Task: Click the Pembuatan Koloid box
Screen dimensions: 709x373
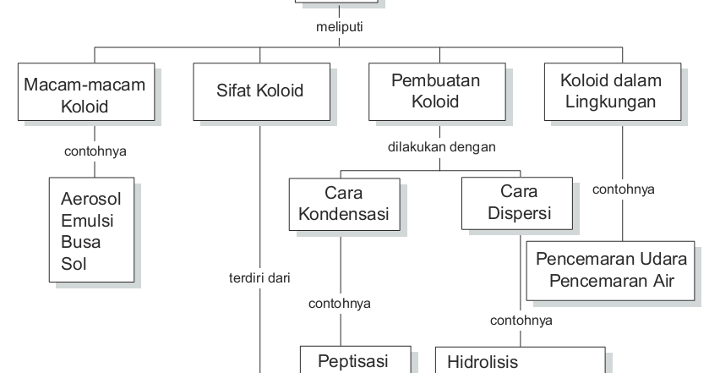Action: (436, 91)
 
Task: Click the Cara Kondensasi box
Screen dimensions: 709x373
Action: (343, 203)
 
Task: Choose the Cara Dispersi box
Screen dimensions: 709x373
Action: (519, 203)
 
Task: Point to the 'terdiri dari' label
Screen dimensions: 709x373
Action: (259, 276)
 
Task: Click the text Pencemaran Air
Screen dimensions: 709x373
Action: (613, 280)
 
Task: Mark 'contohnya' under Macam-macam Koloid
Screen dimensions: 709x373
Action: (95, 153)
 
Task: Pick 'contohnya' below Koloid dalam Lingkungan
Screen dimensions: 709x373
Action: (624, 189)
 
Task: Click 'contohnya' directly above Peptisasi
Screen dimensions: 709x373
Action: (341, 303)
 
